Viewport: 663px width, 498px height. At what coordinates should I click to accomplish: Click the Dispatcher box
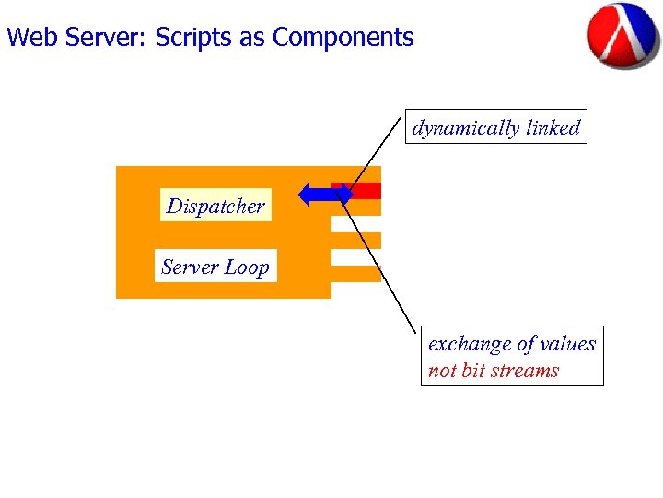[215, 206]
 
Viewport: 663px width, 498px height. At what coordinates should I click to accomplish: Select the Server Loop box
[215, 267]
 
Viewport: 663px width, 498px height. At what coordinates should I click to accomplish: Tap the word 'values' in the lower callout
[568, 344]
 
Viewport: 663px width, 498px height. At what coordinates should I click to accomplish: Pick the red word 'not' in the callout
[442, 371]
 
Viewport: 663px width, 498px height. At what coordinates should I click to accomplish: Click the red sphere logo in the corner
[622, 35]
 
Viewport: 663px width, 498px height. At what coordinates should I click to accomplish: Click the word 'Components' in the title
[343, 38]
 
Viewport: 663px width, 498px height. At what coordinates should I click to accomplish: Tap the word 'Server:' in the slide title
[101, 38]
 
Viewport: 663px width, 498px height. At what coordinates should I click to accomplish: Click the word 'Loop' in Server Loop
[248, 267]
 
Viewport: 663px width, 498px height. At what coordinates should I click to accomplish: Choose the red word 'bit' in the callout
[472, 371]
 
